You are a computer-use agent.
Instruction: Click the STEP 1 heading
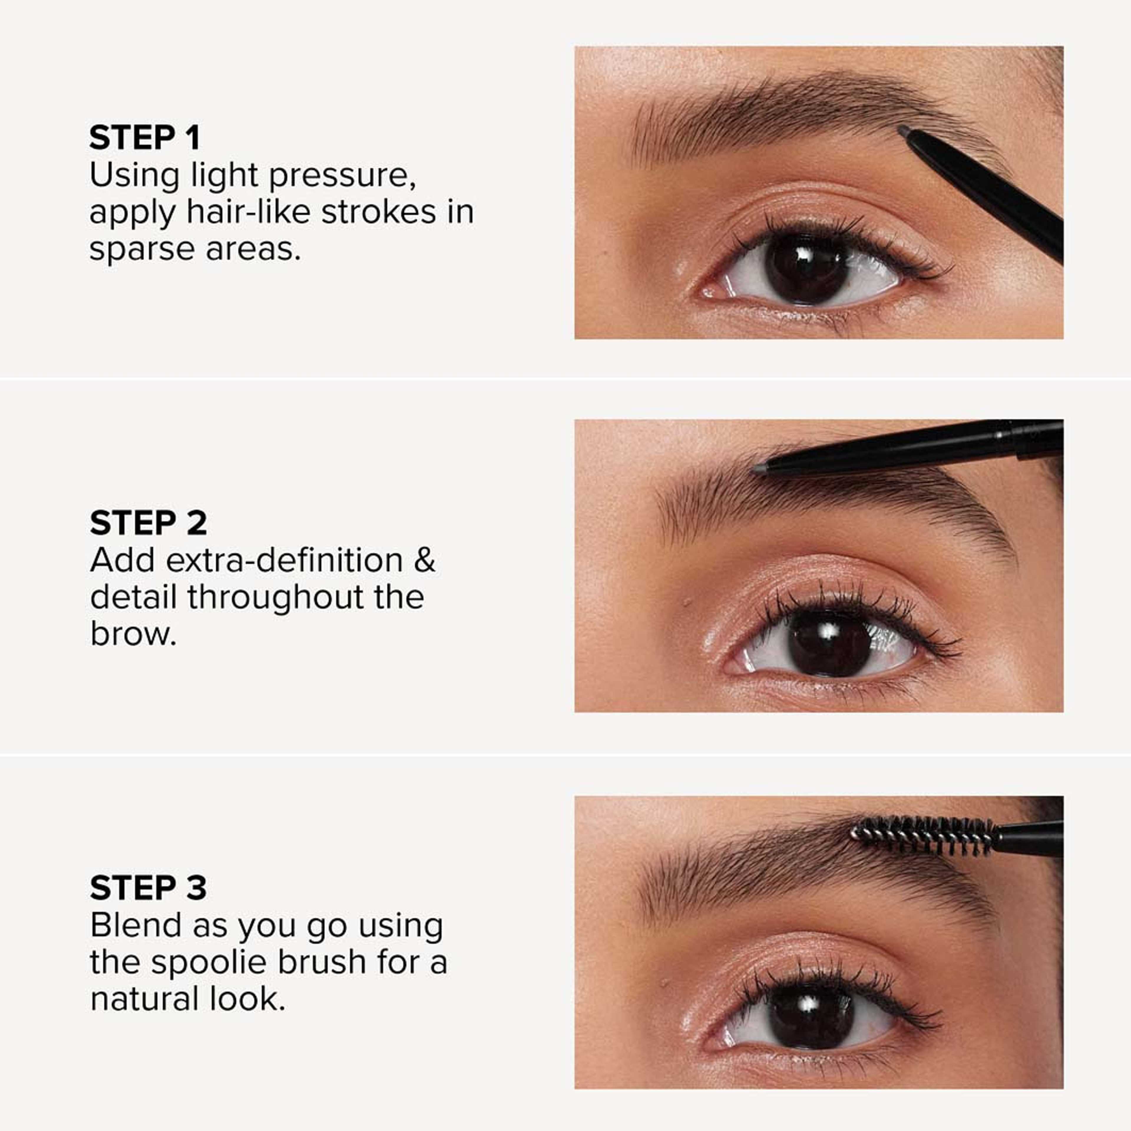click(145, 138)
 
